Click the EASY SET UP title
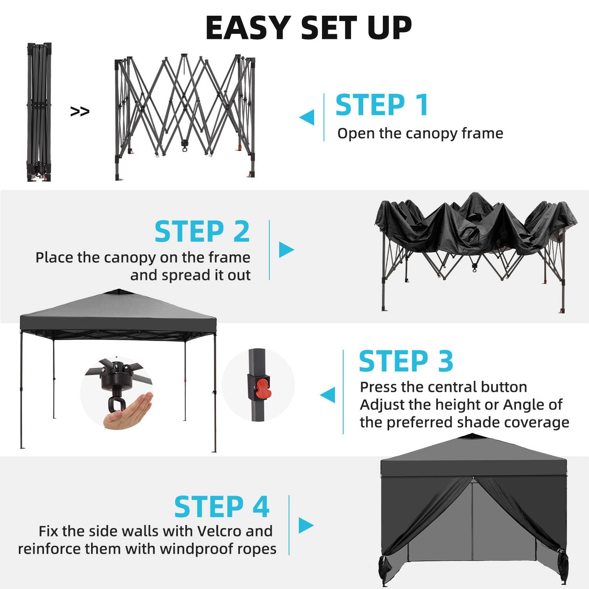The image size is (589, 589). [309, 28]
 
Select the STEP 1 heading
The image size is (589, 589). [382, 105]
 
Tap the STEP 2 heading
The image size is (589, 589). [202, 232]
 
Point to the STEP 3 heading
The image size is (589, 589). [406, 361]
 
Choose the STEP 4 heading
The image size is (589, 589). [221, 507]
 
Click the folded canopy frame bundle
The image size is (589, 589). [39, 112]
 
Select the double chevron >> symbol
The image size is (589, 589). [80, 112]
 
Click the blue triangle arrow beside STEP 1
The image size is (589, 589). [307, 117]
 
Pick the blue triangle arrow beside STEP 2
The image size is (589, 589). [286, 249]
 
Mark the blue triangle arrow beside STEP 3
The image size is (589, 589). [328, 395]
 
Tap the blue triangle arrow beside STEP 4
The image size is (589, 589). [306, 525]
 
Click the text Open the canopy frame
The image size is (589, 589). [420, 134]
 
